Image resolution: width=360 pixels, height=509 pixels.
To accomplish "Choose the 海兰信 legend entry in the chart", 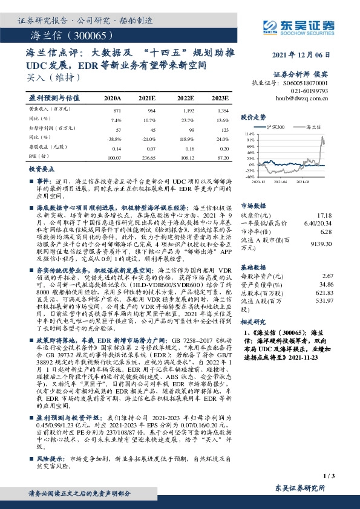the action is tap(316, 127).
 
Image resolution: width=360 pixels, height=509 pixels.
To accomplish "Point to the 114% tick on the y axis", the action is tap(249, 133).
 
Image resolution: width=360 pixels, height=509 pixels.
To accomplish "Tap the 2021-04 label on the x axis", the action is tap(281, 180).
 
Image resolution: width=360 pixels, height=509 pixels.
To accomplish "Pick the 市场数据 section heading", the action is tap(255, 206).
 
